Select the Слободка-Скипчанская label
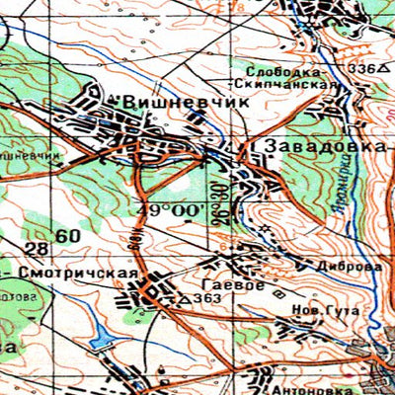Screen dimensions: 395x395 (292, 77)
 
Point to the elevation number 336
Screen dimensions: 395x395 (360, 69)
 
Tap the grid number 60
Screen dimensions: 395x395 (68, 236)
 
